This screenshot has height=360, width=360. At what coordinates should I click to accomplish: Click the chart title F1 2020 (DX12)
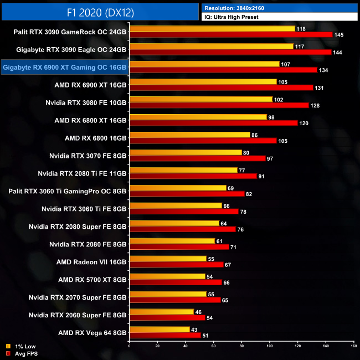click(x=99, y=12)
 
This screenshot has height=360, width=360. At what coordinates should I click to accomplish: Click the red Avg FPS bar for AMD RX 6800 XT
click(x=214, y=123)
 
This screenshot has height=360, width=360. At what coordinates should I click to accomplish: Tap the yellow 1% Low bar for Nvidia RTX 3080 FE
click(x=201, y=99)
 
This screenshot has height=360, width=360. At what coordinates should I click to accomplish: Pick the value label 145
click(x=339, y=34)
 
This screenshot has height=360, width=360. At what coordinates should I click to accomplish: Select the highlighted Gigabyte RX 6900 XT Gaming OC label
click(x=65, y=68)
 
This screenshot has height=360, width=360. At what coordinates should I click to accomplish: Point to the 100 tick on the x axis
click(x=270, y=347)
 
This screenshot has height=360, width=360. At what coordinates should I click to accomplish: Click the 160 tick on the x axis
click(x=353, y=347)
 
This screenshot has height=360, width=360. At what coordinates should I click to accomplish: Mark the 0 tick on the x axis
click(x=130, y=347)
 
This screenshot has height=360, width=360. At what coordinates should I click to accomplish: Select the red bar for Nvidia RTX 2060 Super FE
click(x=167, y=318)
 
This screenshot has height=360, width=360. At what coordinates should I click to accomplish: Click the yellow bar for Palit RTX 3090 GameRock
click(x=212, y=28)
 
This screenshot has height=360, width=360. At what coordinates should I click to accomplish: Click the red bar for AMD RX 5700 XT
click(x=176, y=282)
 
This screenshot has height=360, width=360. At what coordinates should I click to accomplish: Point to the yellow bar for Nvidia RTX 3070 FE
click(x=186, y=152)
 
